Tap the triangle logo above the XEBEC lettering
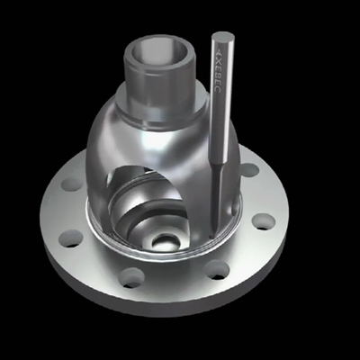point(219,51)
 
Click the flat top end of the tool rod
point(223,37)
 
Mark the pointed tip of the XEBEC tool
point(212,236)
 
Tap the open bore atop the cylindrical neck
point(159,54)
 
